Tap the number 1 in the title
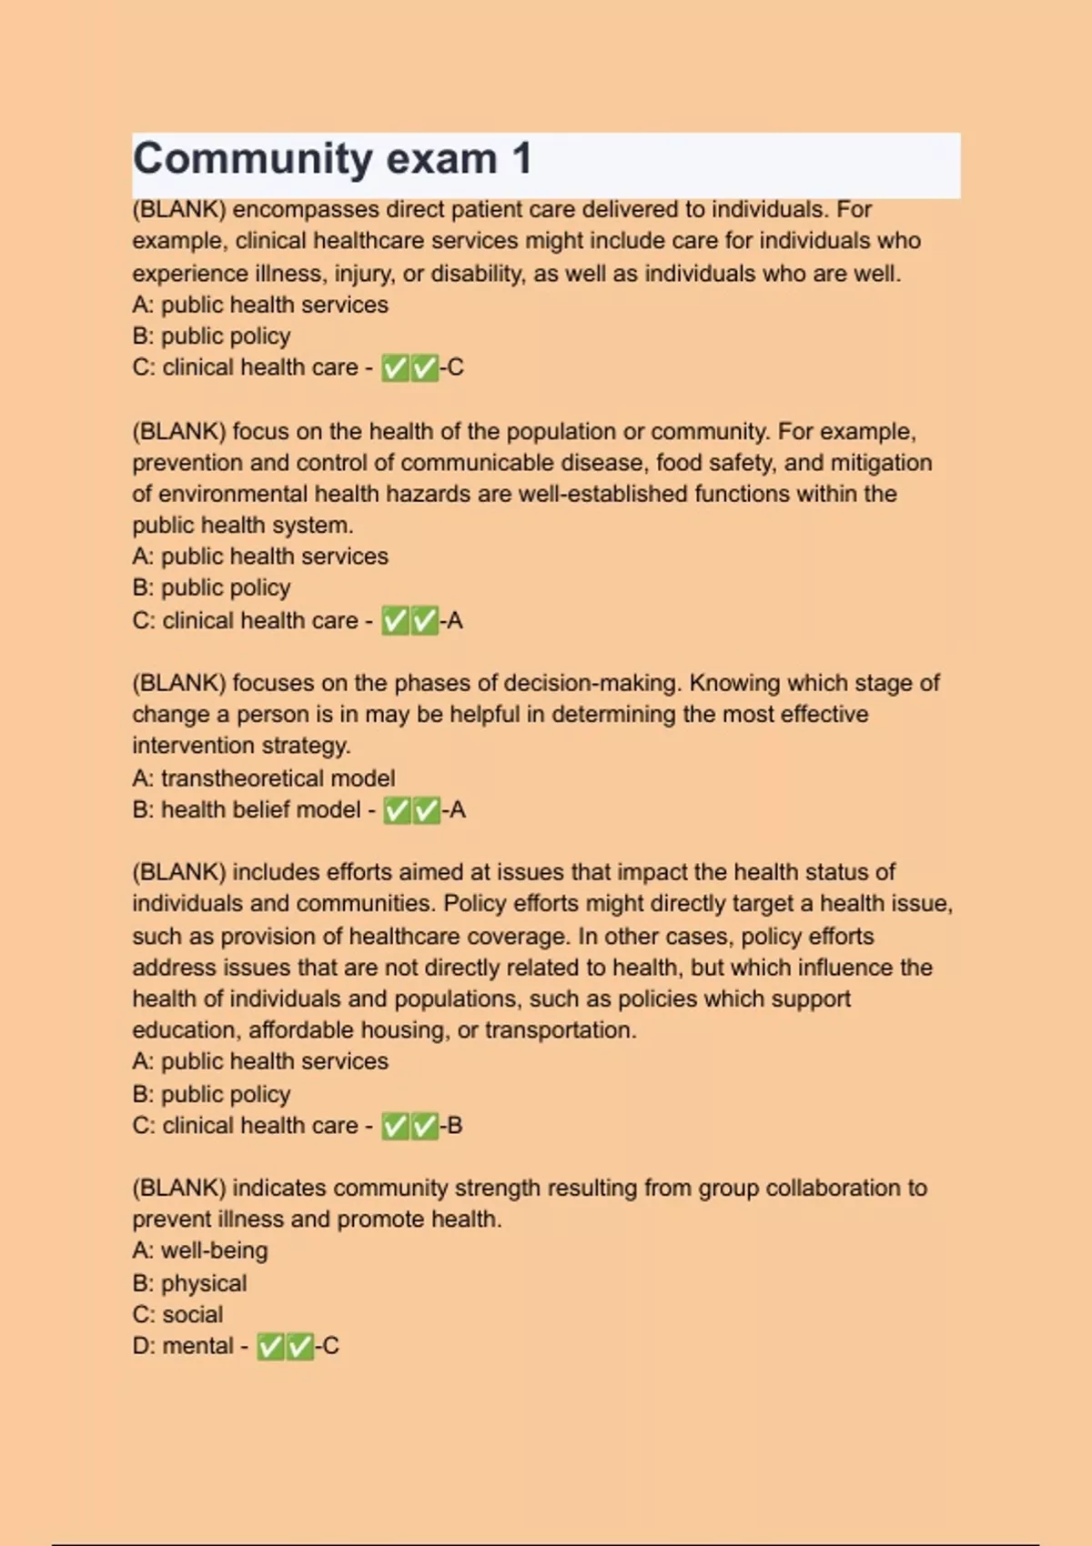521,159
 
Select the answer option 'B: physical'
189,1283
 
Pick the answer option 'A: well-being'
200,1250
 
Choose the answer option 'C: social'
177,1314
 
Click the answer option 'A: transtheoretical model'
263,778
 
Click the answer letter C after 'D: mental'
330,1346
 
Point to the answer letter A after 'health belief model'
457,809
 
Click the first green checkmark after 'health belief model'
396,810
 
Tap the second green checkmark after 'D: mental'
300,1346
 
